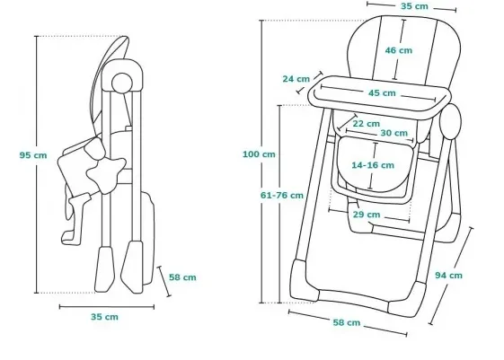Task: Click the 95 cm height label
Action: point(33,155)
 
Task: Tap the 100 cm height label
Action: point(259,154)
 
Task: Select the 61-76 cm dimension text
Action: point(281,195)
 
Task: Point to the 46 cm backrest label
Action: point(399,50)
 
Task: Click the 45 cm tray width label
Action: point(382,93)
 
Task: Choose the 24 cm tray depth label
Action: point(296,79)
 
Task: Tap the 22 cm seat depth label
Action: point(367,124)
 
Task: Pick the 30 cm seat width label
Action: point(394,133)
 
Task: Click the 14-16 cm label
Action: point(373,165)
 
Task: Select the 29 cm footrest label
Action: point(367,215)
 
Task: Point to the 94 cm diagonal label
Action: point(448,276)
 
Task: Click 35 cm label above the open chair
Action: point(414,6)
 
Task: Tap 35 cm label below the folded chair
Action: point(104,317)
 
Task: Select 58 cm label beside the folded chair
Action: point(182,277)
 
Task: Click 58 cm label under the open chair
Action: point(347,323)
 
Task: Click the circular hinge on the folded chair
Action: point(122,83)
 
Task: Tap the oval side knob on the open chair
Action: point(450,121)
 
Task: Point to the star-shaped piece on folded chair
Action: point(106,175)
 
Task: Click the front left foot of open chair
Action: point(304,282)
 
